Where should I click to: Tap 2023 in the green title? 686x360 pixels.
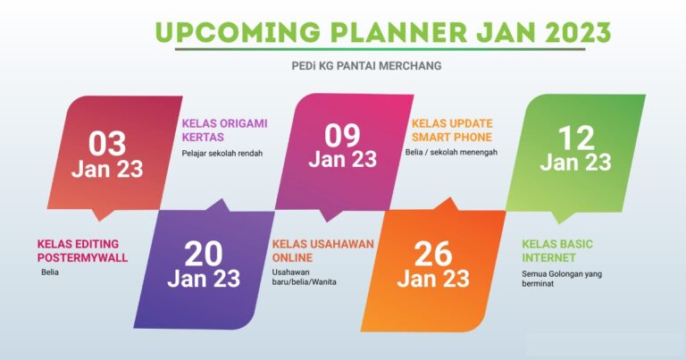[578, 32]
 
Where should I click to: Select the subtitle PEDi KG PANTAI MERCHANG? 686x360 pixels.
[366, 65]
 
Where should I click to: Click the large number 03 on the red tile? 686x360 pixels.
[107, 144]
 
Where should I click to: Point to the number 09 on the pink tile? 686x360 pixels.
[342, 135]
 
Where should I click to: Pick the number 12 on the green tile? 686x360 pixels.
[576, 138]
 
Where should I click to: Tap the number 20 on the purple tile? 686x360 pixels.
[204, 254]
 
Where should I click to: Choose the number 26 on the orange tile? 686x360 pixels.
[433, 254]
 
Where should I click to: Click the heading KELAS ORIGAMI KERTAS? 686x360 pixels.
[224, 130]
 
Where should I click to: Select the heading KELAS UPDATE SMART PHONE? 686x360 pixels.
[452, 130]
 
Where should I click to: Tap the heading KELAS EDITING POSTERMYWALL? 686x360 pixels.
[82, 251]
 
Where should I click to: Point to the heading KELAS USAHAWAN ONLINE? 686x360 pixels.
[322, 251]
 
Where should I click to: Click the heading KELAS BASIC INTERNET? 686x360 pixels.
[557, 251]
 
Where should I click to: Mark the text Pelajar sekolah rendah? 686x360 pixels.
[222, 153]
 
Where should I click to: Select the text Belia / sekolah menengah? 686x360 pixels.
[451, 152]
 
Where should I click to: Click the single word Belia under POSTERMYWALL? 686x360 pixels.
[50, 272]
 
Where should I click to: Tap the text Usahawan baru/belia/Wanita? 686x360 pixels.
[304, 277]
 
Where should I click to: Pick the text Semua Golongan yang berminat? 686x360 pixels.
[562, 279]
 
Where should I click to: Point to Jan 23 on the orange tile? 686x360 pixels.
[433, 279]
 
